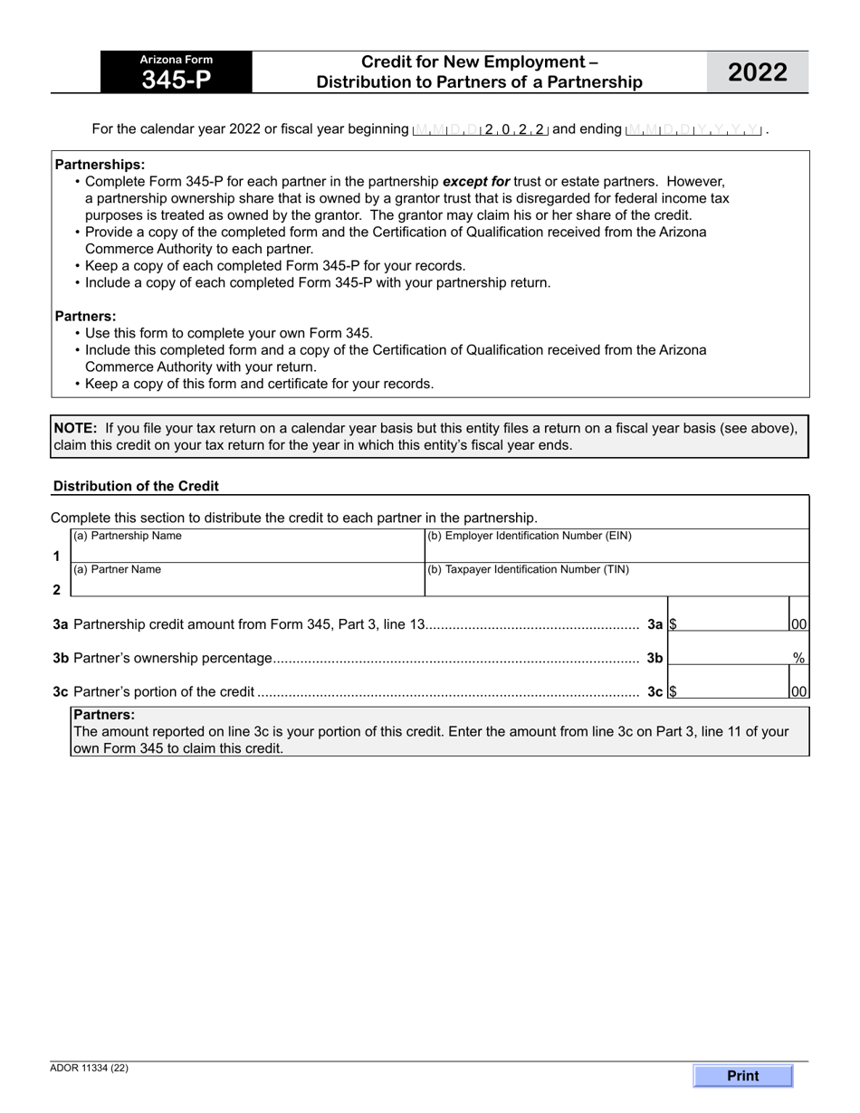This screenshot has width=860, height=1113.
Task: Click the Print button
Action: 742,1076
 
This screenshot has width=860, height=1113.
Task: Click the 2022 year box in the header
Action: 758,72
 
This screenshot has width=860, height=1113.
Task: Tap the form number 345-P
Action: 176,80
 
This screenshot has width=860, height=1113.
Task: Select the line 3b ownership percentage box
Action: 729,658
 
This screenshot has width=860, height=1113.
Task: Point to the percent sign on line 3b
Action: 799,659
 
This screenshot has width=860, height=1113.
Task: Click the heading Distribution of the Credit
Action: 136,486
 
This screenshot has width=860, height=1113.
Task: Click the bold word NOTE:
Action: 75,428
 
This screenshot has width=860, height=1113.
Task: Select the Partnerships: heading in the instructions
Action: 100,165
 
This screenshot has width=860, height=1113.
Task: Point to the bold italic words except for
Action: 476,181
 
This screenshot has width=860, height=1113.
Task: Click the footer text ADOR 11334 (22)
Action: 90,1068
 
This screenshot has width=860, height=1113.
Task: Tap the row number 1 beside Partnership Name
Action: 57,556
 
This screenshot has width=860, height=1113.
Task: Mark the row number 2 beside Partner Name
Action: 57,590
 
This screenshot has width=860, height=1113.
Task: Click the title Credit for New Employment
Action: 479,62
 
